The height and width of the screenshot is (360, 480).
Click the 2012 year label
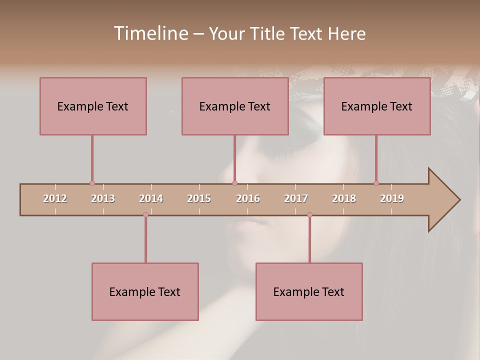[55, 198]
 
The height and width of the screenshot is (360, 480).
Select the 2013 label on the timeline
[103, 198]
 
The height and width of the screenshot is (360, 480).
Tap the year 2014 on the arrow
[151, 198]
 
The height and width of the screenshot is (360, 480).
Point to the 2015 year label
[199, 198]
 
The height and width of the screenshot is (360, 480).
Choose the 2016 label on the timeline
[248, 198]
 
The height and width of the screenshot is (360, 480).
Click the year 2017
[296, 198]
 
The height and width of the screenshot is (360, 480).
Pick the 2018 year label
[344, 198]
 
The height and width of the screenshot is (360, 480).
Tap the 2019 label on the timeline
[392, 198]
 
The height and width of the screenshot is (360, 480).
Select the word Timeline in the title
[150, 33]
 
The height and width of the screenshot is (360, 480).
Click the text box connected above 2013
[93, 106]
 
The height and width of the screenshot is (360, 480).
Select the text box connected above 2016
[235, 106]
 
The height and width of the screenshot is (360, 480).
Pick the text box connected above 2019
[377, 106]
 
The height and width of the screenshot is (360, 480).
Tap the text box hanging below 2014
[145, 291]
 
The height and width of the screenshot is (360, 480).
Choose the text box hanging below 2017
[309, 291]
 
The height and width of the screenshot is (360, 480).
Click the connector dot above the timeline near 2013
[92, 183]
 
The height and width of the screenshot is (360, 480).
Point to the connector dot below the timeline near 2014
[145, 214]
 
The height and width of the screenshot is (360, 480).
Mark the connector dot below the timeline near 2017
[309, 214]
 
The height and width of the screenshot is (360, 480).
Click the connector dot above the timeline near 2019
[376, 183]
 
